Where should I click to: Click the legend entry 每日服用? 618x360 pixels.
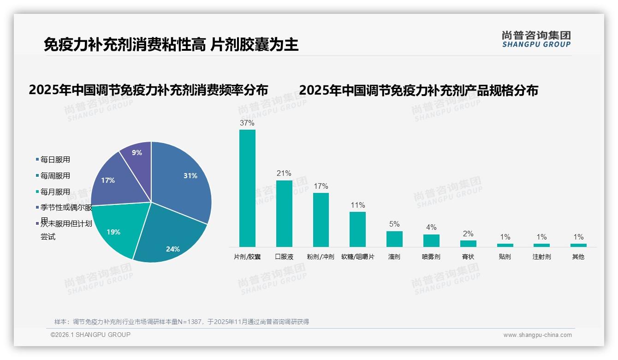point(55,160)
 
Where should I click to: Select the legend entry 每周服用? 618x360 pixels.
point(55,176)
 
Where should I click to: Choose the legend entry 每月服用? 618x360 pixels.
point(55,192)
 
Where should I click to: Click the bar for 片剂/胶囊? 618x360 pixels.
point(247,189)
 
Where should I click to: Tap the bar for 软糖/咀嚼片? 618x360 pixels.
point(357,229)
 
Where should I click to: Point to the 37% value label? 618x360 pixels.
point(247,123)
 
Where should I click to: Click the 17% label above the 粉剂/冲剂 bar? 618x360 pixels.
point(321,186)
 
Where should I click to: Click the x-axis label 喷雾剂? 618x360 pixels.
point(431,257)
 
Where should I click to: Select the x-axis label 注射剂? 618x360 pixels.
point(541,257)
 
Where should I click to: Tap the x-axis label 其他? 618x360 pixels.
point(578,257)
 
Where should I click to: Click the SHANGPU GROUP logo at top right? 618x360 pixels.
point(536,39)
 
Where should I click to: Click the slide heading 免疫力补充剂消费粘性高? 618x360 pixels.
point(125,45)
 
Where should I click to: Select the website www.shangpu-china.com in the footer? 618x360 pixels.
point(537,335)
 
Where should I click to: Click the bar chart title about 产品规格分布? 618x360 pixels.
point(418,90)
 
